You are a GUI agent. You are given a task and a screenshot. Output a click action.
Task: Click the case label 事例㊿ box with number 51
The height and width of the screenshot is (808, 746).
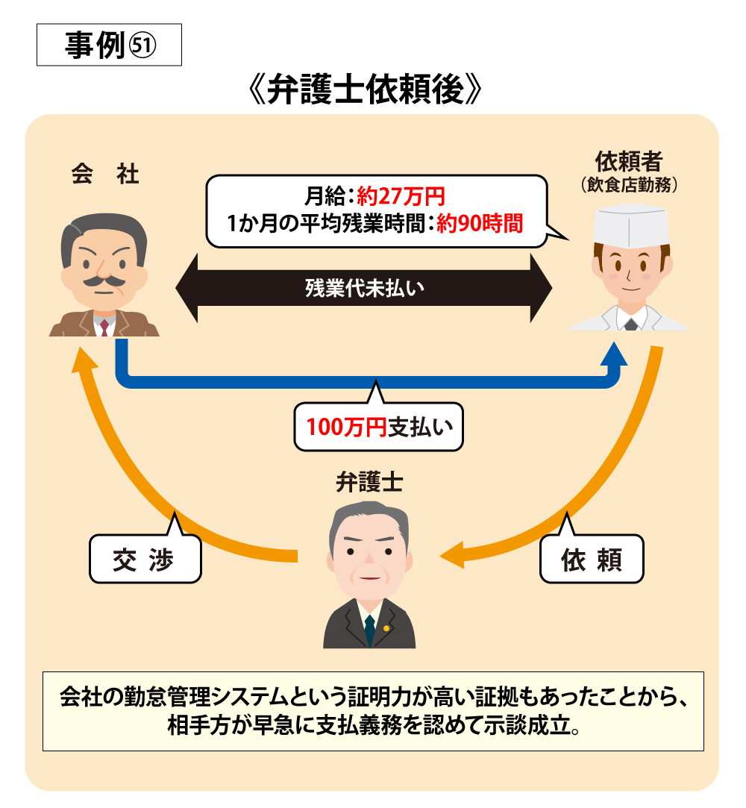(109, 45)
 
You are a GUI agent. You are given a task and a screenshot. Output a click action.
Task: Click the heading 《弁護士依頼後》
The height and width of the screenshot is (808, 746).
(365, 90)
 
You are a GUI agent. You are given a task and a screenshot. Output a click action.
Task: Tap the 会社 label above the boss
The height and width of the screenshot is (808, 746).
(105, 174)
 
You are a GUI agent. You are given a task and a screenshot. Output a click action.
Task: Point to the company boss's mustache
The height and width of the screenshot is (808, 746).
(104, 281)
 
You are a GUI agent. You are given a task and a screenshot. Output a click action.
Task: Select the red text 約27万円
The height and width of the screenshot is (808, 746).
(401, 196)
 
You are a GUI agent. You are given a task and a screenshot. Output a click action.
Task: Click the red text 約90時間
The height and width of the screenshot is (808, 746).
(480, 224)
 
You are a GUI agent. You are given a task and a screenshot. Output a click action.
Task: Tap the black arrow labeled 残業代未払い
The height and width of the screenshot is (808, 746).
(364, 288)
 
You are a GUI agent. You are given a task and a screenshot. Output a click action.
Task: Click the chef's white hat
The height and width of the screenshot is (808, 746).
(630, 225)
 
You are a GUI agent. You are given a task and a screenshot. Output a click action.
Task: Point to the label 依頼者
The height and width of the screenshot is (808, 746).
(629, 161)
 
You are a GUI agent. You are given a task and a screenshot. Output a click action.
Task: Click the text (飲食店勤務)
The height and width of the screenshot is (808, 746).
(629, 184)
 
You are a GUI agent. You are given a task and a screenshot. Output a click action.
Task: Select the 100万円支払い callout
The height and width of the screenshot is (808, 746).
(379, 427)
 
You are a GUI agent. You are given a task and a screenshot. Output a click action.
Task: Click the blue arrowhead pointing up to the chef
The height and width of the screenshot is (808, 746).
(614, 354)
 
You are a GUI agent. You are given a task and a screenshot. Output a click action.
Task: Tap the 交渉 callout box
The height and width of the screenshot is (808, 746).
(145, 559)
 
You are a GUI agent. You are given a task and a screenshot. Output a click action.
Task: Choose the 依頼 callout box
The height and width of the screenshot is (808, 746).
(592, 559)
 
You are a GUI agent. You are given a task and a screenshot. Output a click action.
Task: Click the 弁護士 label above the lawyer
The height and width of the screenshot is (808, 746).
(369, 482)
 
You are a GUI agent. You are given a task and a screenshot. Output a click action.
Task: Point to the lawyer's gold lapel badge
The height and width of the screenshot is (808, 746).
(386, 628)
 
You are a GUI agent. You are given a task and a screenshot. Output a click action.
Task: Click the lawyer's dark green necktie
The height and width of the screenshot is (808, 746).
(369, 629)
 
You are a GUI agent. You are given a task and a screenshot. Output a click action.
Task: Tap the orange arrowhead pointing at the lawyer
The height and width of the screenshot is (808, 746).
(452, 555)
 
